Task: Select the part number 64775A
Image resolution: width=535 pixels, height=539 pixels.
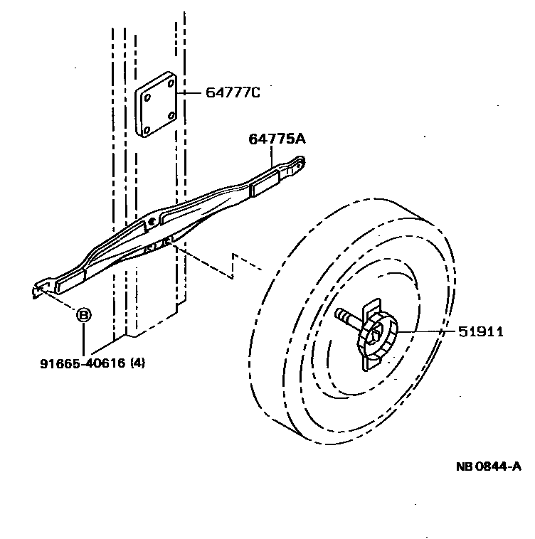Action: pyautogui.click(x=277, y=139)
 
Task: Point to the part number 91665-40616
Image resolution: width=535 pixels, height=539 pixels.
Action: pyautogui.click(x=83, y=363)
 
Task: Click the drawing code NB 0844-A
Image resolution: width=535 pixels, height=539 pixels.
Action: pyautogui.click(x=489, y=466)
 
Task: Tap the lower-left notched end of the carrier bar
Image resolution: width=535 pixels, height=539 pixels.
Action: pyautogui.click(x=40, y=289)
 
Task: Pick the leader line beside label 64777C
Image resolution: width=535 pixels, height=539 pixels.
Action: pyautogui.click(x=191, y=92)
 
